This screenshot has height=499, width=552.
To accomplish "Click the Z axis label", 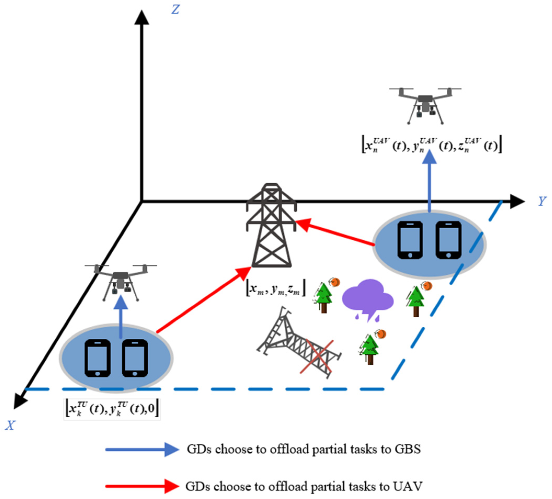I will (175, 10).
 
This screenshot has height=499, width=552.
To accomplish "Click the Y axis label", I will (542, 201).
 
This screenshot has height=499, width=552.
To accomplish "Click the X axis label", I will (10, 426).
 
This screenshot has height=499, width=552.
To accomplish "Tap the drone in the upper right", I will (425, 105).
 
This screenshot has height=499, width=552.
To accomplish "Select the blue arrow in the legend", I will (142, 449).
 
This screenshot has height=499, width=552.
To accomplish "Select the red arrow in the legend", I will (142, 486).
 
